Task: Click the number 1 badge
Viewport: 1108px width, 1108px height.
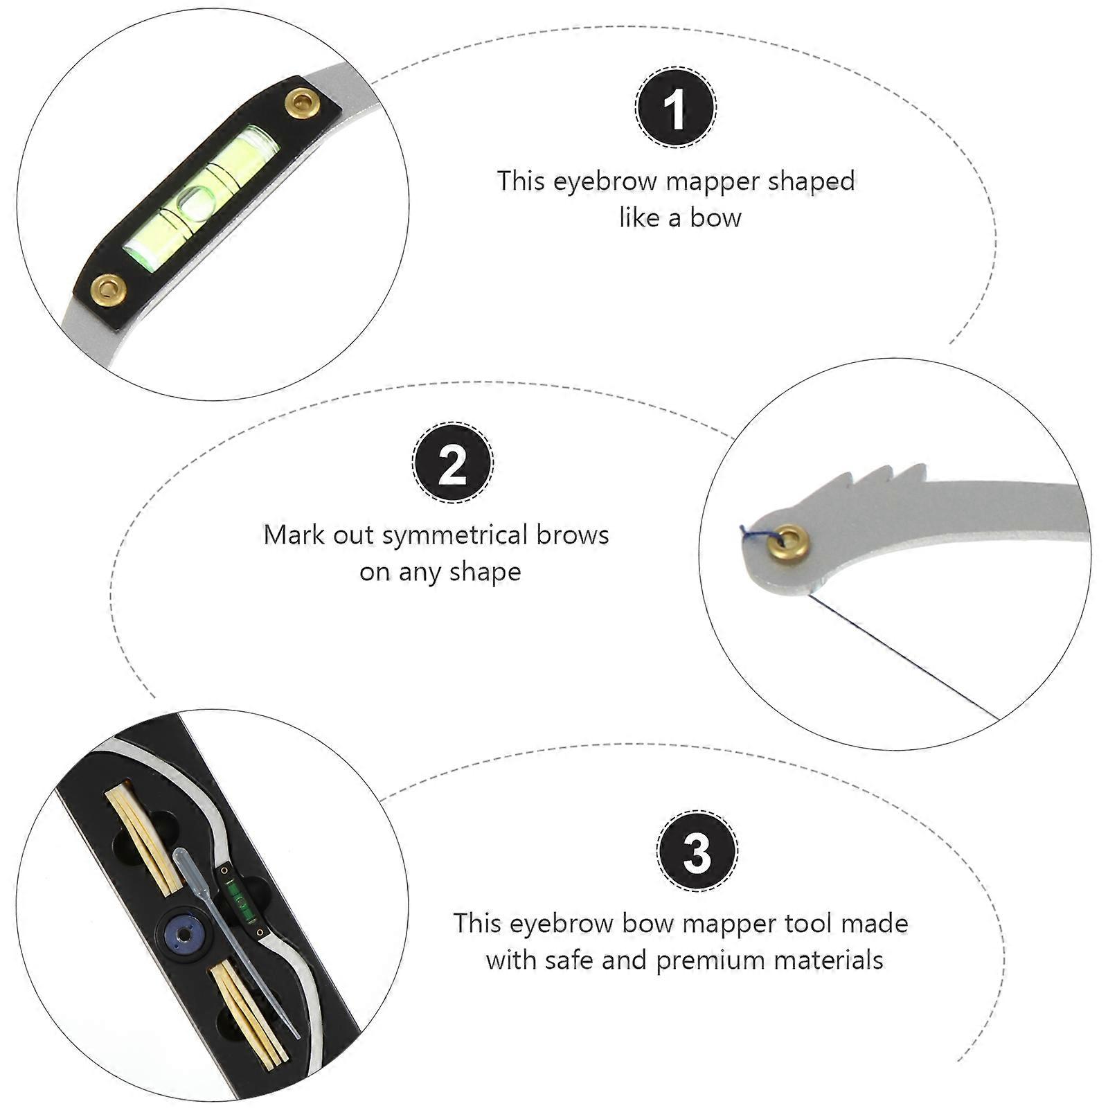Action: point(676,107)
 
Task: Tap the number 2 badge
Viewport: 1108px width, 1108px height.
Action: point(453,463)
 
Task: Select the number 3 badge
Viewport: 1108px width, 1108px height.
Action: point(697,851)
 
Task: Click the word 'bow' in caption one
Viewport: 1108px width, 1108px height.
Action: point(715,218)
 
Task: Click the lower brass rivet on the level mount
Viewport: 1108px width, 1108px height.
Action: point(108,288)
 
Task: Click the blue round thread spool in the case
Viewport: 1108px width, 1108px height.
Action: point(185,935)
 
